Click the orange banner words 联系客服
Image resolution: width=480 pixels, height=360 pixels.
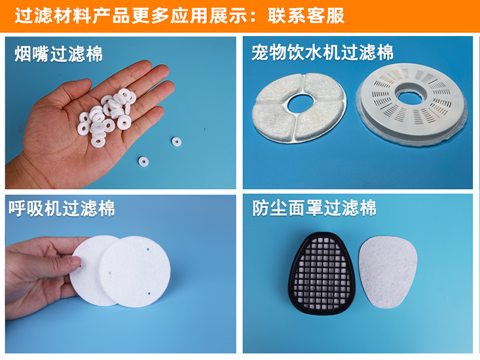click(306, 16)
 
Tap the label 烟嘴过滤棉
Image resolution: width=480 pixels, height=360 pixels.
click(58, 54)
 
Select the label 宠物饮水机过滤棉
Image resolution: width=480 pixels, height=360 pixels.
click(322, 52)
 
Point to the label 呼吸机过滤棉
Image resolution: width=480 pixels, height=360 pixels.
click(62, 209)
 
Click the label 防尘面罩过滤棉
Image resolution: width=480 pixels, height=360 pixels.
click(314, 208)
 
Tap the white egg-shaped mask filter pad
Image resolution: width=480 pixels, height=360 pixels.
click(388, 272)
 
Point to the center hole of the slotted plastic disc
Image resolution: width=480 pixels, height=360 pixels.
click(409, 98)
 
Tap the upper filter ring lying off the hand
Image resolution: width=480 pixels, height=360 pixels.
click(176, 142)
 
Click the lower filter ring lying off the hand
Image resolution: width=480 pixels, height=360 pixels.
click(143, 161)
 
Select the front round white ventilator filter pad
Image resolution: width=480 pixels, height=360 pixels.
click(134, 272)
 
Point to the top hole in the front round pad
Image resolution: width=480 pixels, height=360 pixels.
click(148, 250)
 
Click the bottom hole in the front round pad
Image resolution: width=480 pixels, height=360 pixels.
click(149, 293)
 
